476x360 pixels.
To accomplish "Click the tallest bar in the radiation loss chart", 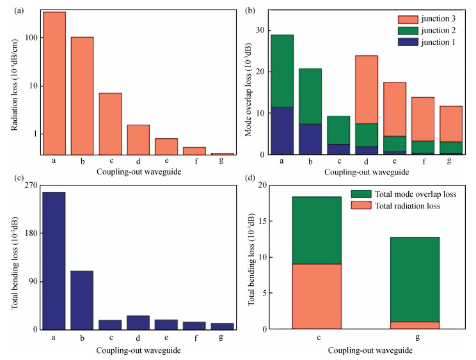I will click(x=54, y=83).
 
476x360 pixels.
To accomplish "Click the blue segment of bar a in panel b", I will click(x=282, y=130).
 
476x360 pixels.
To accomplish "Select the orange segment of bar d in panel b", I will click(x=367, y=90).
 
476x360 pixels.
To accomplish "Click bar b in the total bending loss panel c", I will click(x=82, y=300).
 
